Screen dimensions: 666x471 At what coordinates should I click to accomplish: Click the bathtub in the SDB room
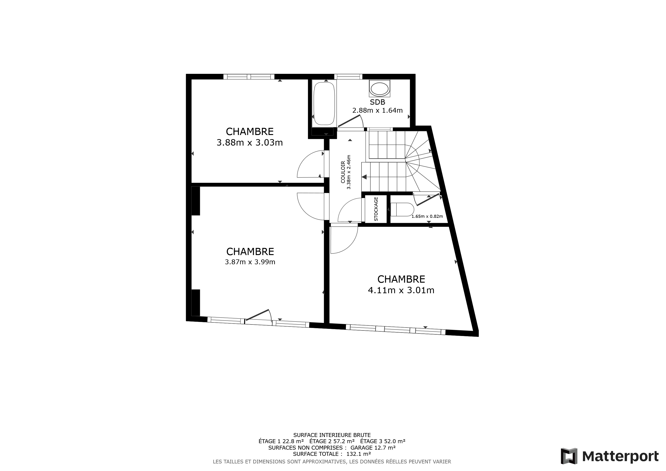324,103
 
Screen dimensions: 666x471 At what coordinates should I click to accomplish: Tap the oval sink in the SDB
379,89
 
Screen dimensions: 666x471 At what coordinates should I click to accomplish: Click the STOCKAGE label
376,209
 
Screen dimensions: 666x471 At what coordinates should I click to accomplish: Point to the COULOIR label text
343,172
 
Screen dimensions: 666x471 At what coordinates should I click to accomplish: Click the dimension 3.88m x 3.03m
250,143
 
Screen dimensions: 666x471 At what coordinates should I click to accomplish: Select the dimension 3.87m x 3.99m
250,262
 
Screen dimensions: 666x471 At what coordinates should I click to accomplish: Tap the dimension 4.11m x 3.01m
401,290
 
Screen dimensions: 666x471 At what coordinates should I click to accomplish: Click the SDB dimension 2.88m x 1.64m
377,110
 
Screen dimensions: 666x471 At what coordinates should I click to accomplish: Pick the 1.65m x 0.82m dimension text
427,216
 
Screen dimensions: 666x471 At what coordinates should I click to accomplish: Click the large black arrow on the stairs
364,177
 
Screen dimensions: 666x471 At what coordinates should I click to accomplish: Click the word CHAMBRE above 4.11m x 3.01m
401,279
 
